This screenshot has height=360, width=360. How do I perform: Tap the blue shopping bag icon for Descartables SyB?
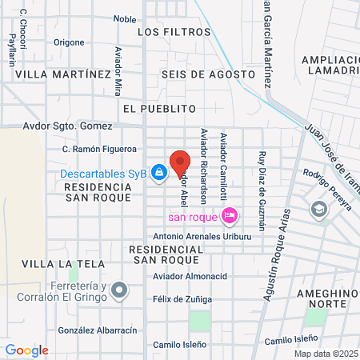click(x=159, y=172)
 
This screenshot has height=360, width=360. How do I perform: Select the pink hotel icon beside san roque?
click(x=229, y=214)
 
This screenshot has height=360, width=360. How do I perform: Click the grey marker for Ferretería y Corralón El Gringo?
click(x=119, y=289)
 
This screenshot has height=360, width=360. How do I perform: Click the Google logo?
click(x=26, y=350)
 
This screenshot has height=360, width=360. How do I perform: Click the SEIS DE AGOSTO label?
click(x=207, y=74)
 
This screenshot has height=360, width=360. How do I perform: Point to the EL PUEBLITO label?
click(x=160, y=107)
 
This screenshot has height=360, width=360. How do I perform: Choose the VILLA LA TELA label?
click(x=54, y=263)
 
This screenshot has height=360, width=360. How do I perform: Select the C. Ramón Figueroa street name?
click(x=100, y=149)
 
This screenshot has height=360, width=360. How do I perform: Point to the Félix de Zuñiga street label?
click(x=182, y=298)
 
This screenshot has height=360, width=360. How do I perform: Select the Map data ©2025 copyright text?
click(x=325, y=354)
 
